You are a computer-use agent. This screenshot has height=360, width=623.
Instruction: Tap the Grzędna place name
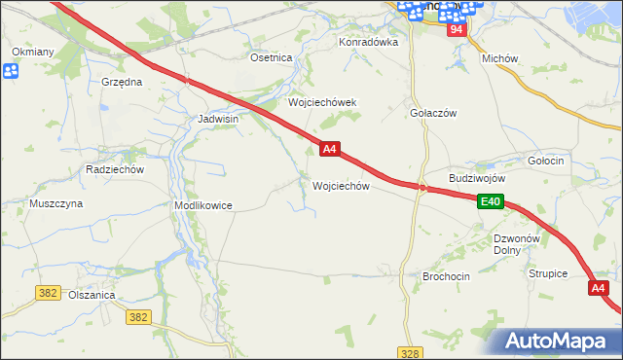[x=123, y=83]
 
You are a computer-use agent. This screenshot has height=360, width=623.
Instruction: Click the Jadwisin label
[x=218, y=119]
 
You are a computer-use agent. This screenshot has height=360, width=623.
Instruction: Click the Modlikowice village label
[x=202, y=206]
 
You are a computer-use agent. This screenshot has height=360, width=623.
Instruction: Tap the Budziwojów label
[x=477, y=179]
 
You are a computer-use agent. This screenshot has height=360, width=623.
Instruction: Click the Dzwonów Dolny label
[x=517, y=244]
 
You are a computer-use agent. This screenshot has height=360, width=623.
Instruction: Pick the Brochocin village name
[x=446, y=276]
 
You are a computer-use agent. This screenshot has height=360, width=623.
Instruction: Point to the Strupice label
[x=548, y=274]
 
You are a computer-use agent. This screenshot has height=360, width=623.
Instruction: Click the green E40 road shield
[x=491, y=201]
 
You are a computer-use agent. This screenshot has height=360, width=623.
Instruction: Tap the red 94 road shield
[x=458, y=30]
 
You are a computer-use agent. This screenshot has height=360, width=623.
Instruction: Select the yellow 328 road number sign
[x=410, y=353]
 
